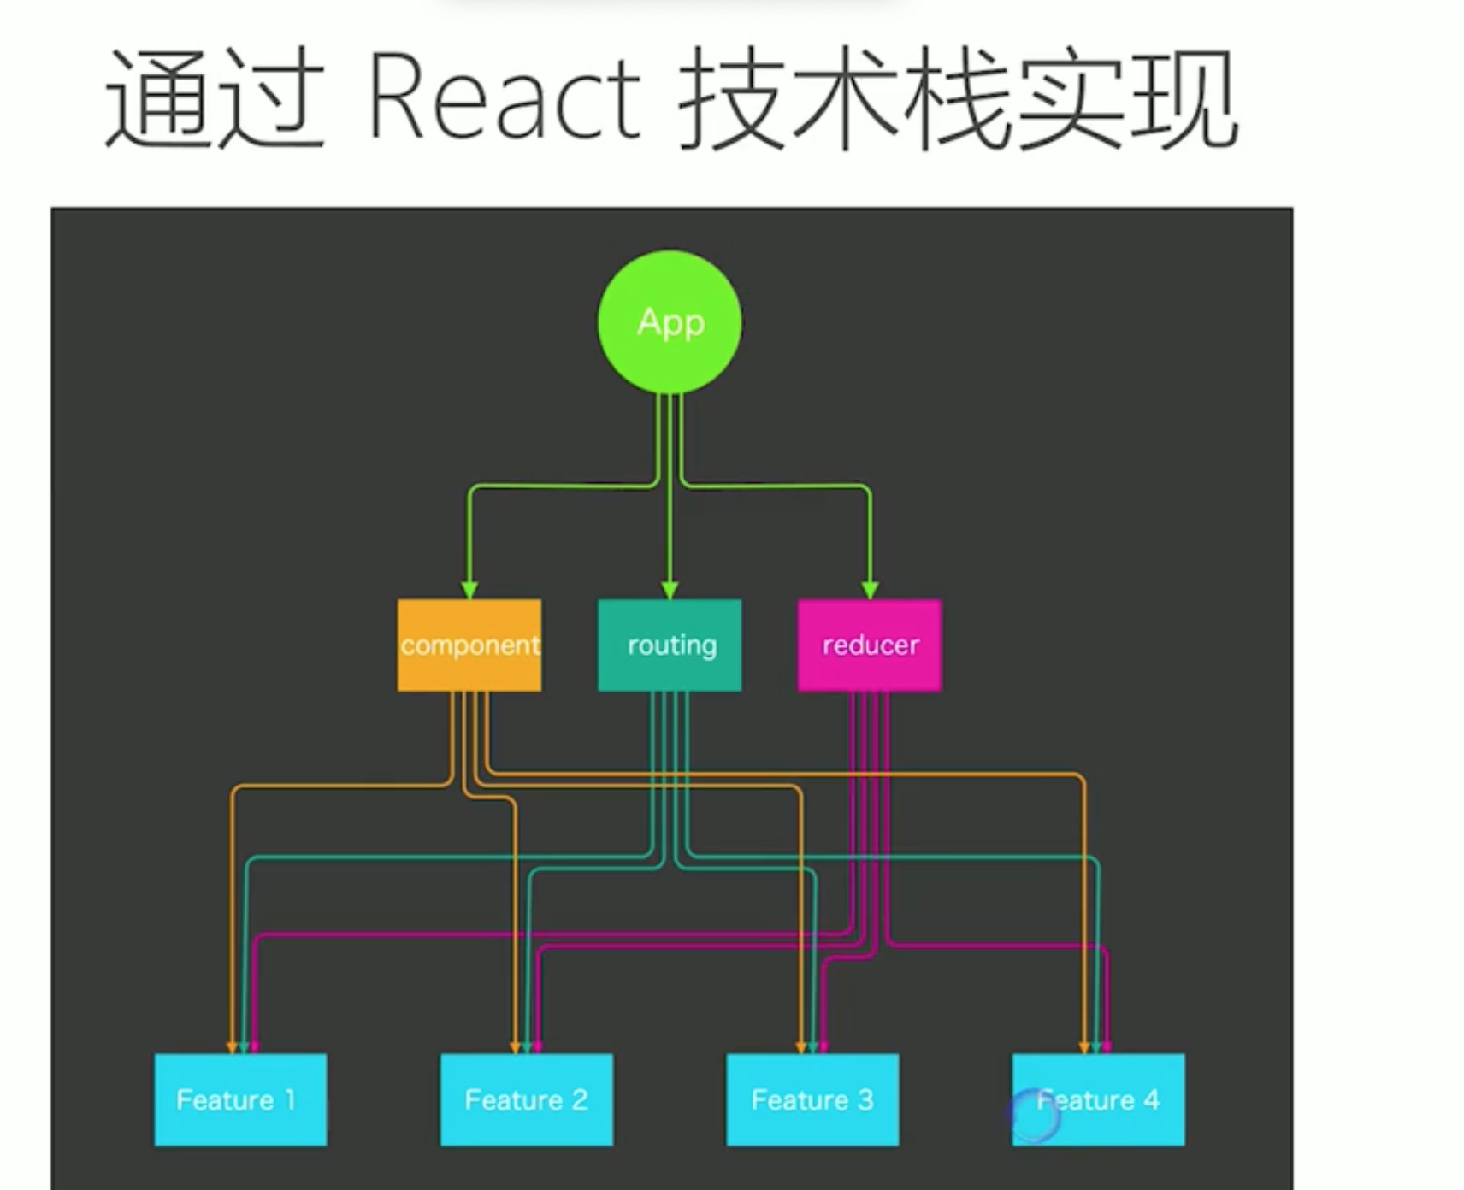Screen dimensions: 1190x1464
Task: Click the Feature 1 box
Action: (x=240, y=1099)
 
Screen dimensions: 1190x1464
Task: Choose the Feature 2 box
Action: (x=526, y=1099)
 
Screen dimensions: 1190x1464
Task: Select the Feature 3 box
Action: (x=812, y=1099)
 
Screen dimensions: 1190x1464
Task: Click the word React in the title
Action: (x=505, y=96)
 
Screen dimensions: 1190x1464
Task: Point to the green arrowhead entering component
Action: (x=469, y=590)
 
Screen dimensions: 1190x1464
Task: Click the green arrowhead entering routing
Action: (x=670, y=590)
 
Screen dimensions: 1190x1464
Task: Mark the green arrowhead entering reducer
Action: (x=870, y=590)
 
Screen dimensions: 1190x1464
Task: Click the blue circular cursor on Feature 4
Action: (x=1033, y=1115)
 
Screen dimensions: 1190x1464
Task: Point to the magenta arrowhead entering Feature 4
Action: (x=1107, y=1046)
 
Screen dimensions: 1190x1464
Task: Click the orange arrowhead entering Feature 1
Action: (x=231, y=1046)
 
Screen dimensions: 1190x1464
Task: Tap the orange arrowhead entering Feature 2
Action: (x=515, y=1046)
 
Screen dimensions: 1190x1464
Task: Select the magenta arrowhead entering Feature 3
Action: (x=823, y=1046)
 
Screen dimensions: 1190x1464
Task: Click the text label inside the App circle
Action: (x=670, y=323)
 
